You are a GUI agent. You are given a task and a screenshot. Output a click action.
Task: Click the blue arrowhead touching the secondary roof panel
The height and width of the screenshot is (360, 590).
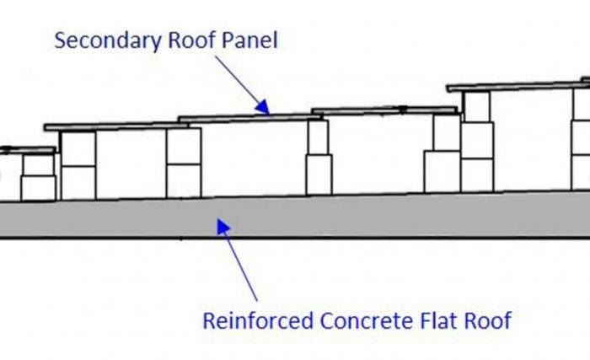coord(263,107)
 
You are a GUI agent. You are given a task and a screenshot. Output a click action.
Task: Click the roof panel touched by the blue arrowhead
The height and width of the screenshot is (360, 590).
coord(244,117)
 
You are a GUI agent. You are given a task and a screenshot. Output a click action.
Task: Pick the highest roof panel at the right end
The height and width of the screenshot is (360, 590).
coord(514,86)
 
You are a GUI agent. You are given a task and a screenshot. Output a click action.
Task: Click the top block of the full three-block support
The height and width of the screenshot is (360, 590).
coord(477,106)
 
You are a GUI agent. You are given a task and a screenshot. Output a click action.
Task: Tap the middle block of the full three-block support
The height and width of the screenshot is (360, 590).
coord(477,140)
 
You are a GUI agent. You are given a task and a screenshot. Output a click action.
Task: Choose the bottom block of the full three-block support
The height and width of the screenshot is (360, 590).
coord(477,175)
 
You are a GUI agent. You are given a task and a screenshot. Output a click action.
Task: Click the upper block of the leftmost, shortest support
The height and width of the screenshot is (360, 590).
coord(38,164)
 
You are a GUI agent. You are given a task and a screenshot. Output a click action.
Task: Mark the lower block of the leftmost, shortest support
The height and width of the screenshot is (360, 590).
coord(38,187)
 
